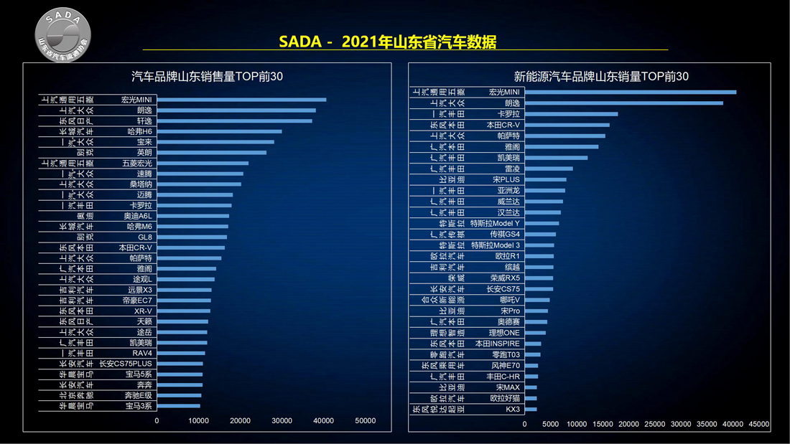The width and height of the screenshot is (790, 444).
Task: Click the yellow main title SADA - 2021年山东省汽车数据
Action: pos(387,42)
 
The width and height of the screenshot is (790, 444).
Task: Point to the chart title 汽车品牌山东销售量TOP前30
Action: pos(207,77)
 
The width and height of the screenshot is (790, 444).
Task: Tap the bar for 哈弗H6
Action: pos(219,131)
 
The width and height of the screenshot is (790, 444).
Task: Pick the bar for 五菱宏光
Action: pos(203,163)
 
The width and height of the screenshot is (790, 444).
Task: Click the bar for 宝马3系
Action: pos(178,406)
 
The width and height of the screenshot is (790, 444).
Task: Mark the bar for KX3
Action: pos(531,410)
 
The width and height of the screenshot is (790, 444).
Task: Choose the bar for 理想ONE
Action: pos(535,333)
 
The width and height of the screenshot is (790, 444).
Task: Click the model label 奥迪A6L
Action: pos(138,216)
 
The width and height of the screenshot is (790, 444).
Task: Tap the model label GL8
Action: pos(145,237)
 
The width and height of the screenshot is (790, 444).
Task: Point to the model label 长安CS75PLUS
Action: pos(126,364)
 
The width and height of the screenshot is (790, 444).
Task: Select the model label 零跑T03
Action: pos(506,354)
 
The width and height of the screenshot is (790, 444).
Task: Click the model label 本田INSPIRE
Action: pos(498,344)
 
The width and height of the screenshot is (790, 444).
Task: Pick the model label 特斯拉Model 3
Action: pos(496,245)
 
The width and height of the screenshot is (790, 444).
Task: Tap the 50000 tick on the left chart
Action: pos(366,421)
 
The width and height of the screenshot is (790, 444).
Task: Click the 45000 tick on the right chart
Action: pos(759,425)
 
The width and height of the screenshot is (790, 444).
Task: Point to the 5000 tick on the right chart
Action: pos(551,425)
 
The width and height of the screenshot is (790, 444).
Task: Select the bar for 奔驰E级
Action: pos(179,395)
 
